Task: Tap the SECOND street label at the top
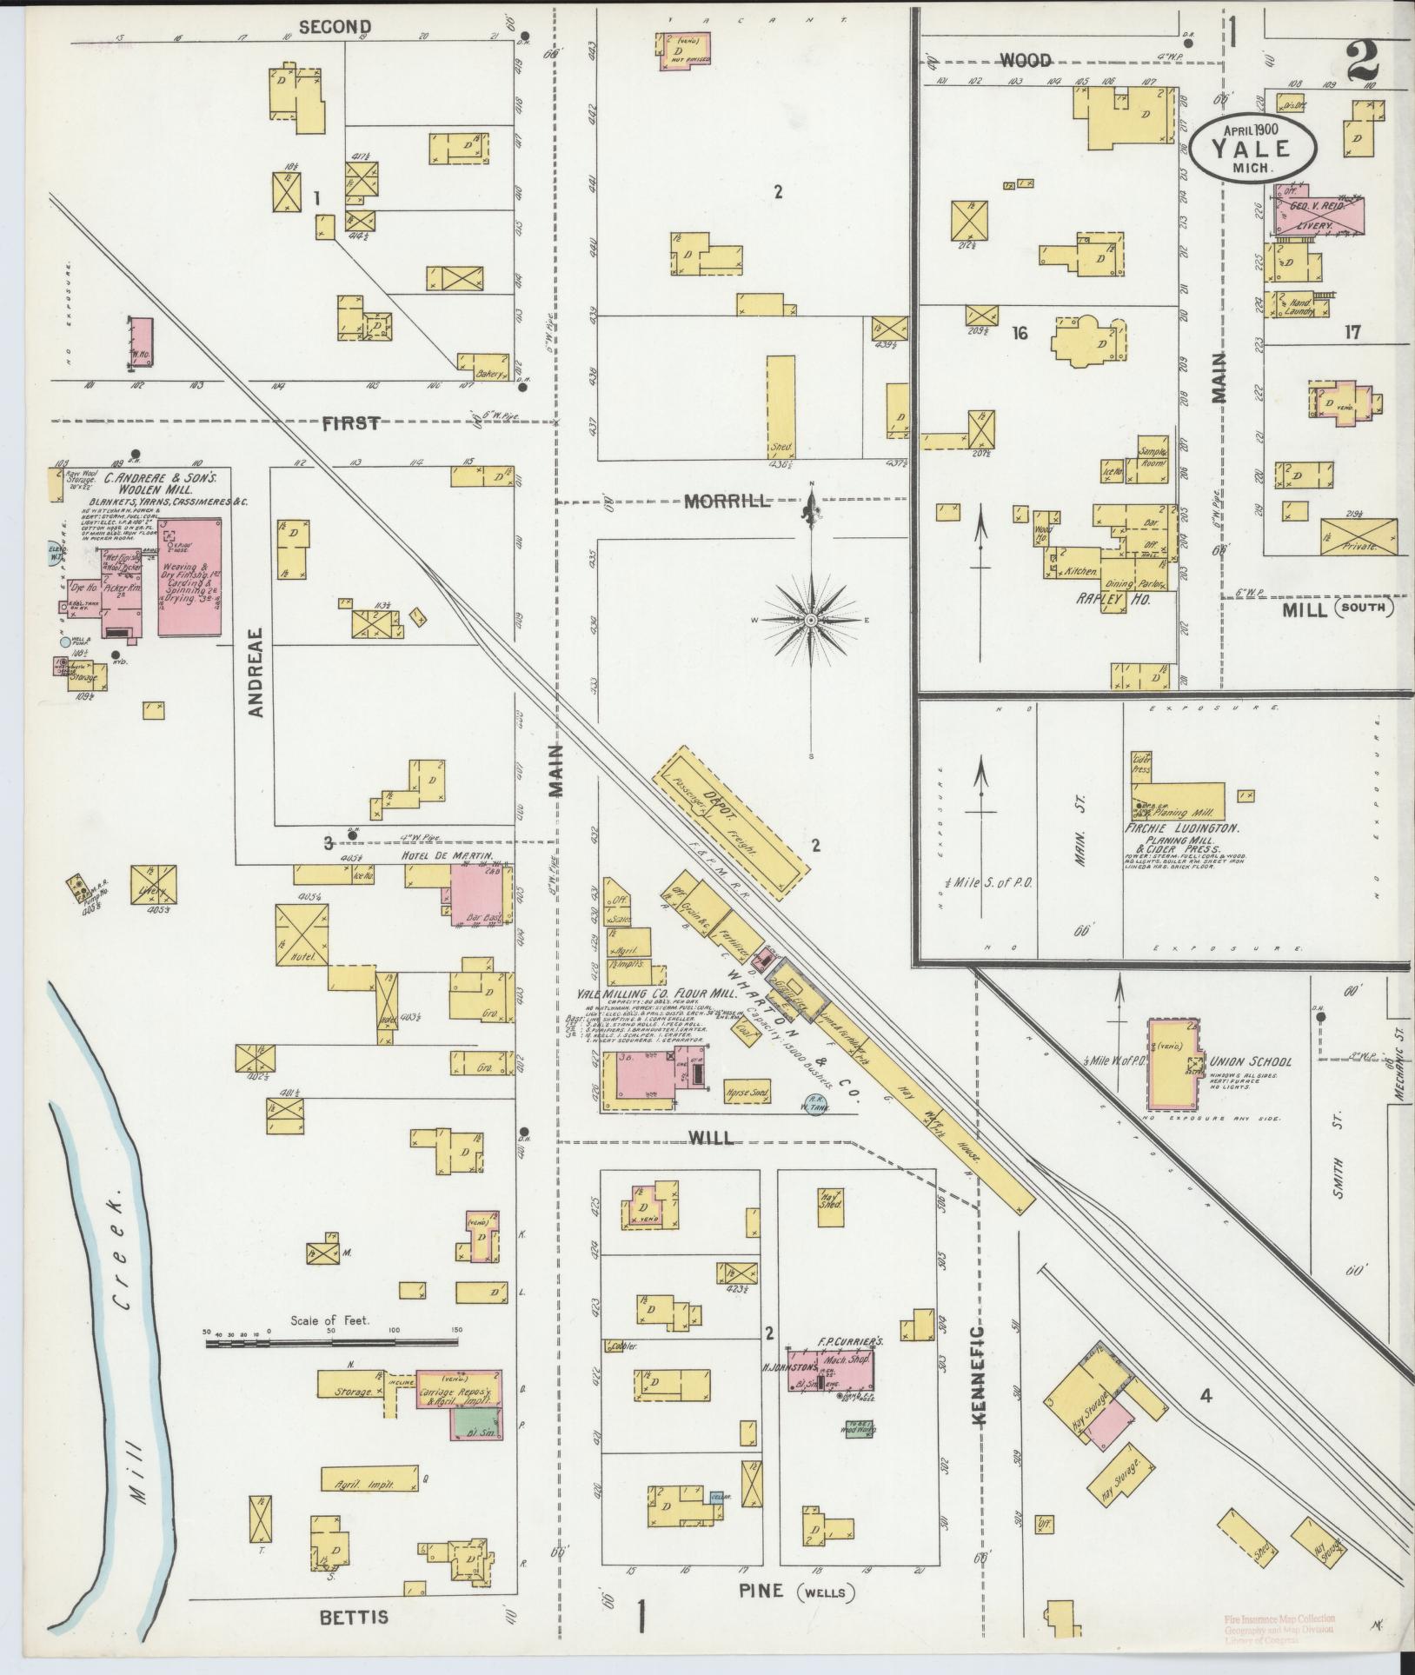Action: pyautogui.click(x=335, y=27)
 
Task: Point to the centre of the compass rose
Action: pyautogui.click(x=810, y=620)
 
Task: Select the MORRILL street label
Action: pyautogui.click(x=727, y=502)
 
